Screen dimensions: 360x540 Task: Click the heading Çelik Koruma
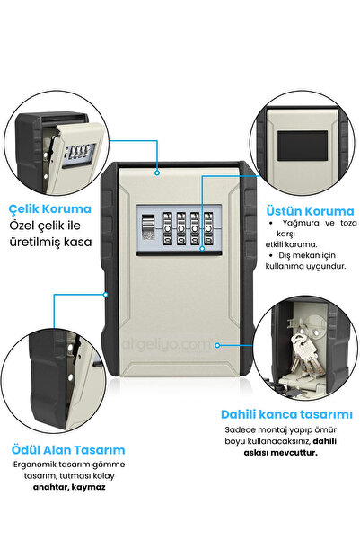click(50, 208)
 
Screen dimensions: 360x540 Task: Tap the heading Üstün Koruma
click(310, 211)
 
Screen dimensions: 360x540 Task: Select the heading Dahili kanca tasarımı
click(286, 414)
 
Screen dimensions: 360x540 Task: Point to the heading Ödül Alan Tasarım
click(68, 450)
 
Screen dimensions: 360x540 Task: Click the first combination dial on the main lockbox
click(167, 229)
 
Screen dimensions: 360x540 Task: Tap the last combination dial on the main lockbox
click(208, 229)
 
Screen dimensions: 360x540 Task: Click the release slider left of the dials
click(147, 227)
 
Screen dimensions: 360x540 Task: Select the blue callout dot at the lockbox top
click(157, 173)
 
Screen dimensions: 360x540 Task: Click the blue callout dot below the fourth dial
click(202, 248)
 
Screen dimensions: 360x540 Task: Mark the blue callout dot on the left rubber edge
click(106, 295)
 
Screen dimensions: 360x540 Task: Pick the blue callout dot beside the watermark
click(217, 345)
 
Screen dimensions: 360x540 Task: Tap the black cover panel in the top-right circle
click(303, 146)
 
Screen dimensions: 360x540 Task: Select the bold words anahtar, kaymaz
click(69, 487)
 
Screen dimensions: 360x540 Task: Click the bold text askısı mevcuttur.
click(280, 453)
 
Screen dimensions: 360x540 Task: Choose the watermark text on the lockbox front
click(168, 344)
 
